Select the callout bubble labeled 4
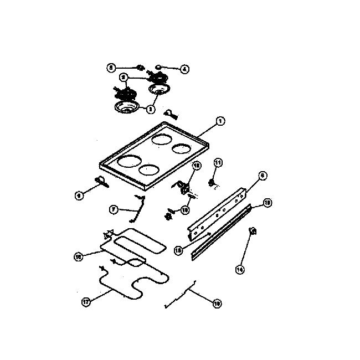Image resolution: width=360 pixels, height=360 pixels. tap(184, 69)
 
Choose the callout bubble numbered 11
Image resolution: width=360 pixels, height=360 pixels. tap(218, 162)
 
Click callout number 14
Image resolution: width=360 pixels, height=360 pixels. tap(240, 269)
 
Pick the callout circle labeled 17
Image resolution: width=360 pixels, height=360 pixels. tap(86, 302)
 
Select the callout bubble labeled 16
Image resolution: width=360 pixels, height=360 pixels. tap(78, 256)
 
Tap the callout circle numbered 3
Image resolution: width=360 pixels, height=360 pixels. tap(150, 110)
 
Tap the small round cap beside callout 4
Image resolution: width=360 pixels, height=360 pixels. tap(158, 68)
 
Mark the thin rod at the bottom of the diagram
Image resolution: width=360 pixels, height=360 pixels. tap(179, 297)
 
